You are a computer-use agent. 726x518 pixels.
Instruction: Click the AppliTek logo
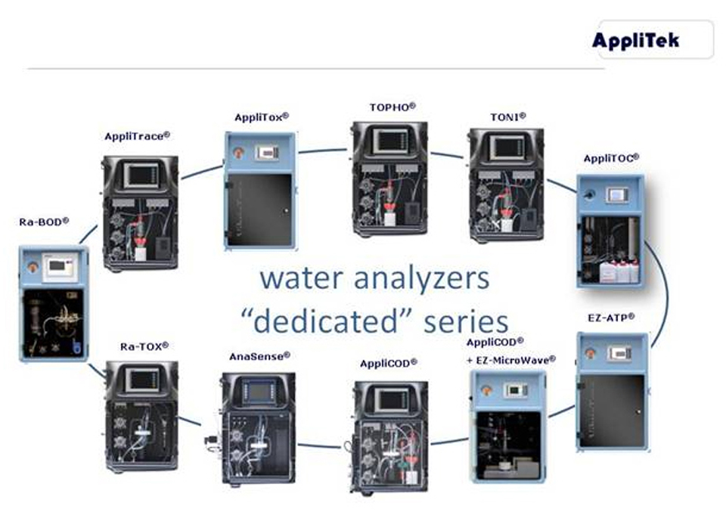click(635, 40)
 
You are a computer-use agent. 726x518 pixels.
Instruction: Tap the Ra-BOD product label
click(44, 222)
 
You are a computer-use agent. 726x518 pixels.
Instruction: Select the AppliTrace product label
click(137, 136)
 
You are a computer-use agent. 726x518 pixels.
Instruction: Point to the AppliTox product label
click(262, 117)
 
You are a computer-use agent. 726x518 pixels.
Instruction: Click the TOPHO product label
click(392, 107)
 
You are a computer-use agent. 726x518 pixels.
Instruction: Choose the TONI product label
click(508, 117)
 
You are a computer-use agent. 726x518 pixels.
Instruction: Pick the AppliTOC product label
click(611, 158)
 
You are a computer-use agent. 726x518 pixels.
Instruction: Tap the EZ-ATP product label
click(611, 318)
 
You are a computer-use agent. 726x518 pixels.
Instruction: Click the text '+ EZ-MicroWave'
click(511, 360)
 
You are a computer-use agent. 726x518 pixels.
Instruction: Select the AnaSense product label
click(259, 356)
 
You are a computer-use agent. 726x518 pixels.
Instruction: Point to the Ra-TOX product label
click(144, 346)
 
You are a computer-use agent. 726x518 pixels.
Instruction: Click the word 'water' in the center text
click(302, 279)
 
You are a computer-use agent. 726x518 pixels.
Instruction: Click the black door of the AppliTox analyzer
click(259, 209)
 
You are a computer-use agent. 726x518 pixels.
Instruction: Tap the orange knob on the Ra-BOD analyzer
click(33, 267)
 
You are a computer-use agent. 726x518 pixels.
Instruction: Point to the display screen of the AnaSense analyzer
click(259, 392)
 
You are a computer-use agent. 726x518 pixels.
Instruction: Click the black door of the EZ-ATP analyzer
click(612, 411)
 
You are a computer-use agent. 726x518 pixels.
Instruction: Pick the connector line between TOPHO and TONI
click(446, 154)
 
